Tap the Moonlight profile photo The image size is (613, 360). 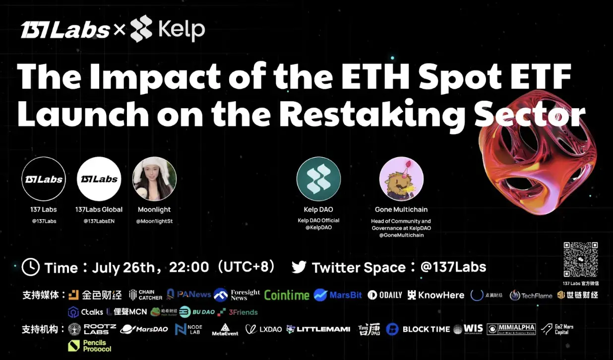154,179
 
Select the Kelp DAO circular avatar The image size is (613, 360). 318,179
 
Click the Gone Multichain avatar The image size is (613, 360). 401,179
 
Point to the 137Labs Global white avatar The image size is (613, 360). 99,179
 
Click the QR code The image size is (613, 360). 580,259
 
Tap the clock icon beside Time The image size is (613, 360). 31,267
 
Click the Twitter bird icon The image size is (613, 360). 299,267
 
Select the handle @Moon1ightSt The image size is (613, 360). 154,221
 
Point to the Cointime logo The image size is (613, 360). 287,295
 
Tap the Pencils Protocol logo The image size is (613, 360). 90,346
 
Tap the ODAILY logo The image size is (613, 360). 385,295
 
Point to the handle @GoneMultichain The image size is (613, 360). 401,235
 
